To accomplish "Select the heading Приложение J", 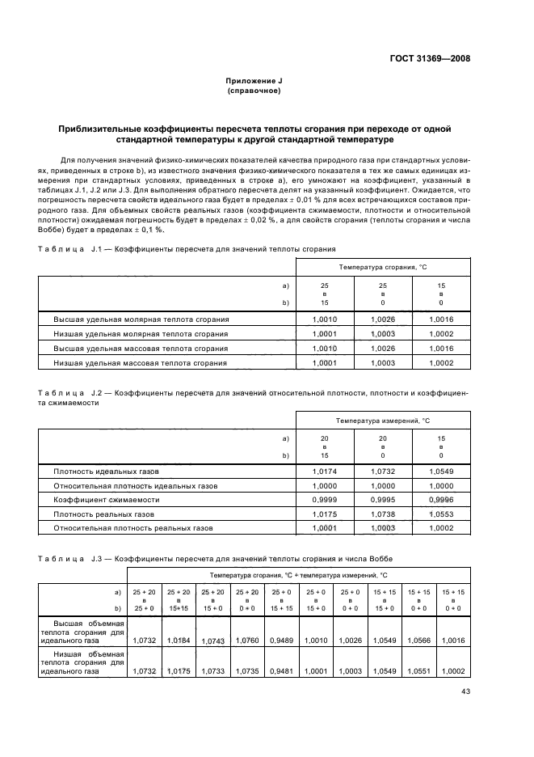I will pos(254,82).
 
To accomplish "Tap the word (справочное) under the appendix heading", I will pos(254,91).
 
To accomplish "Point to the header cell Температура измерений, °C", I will pos(383,421).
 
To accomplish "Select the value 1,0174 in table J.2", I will pos(325,471).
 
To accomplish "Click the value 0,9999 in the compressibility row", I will pos(325,500).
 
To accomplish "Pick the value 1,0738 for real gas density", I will pos(383,514).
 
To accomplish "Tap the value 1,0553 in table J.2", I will pos(441,514).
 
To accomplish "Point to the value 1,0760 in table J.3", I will pos(246,639).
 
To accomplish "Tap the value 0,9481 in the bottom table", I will pos(283,670).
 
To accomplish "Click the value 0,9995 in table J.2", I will pos(383,500).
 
